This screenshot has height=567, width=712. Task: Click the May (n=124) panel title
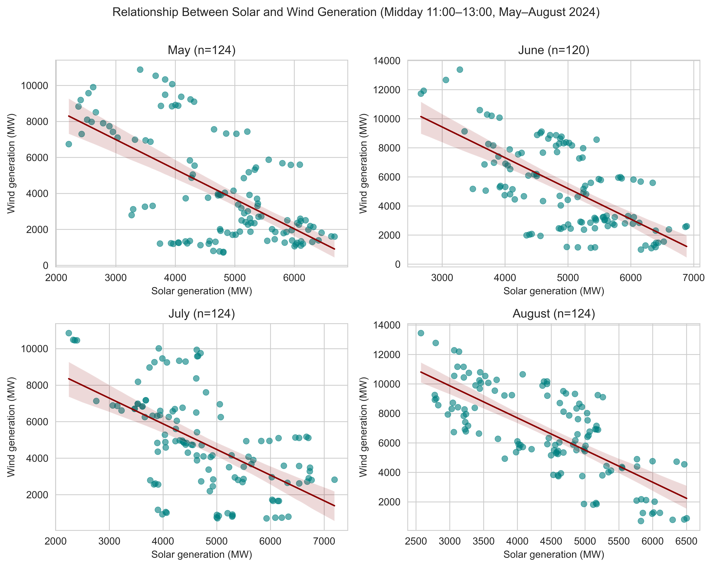click(201, 50)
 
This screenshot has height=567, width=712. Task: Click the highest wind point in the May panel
click(140, 70)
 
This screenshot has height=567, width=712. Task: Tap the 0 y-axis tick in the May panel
click(45, 266)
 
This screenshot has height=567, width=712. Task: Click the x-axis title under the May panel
click(201, 291)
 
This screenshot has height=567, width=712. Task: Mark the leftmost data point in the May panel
click(69, 144)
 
